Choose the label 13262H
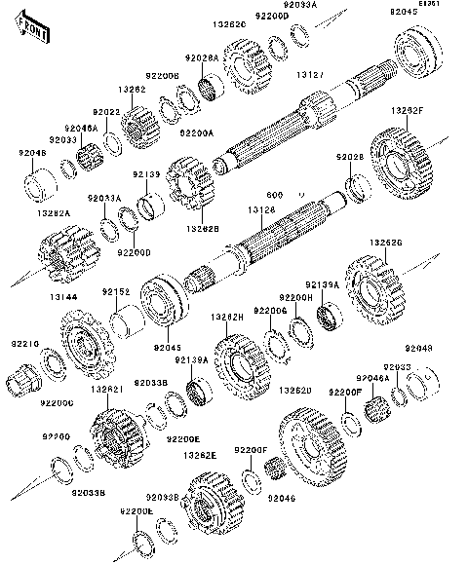[227, 317]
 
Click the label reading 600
[302, 192]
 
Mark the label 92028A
[203, 59]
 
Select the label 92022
[106, 112]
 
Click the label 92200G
[270, 311]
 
